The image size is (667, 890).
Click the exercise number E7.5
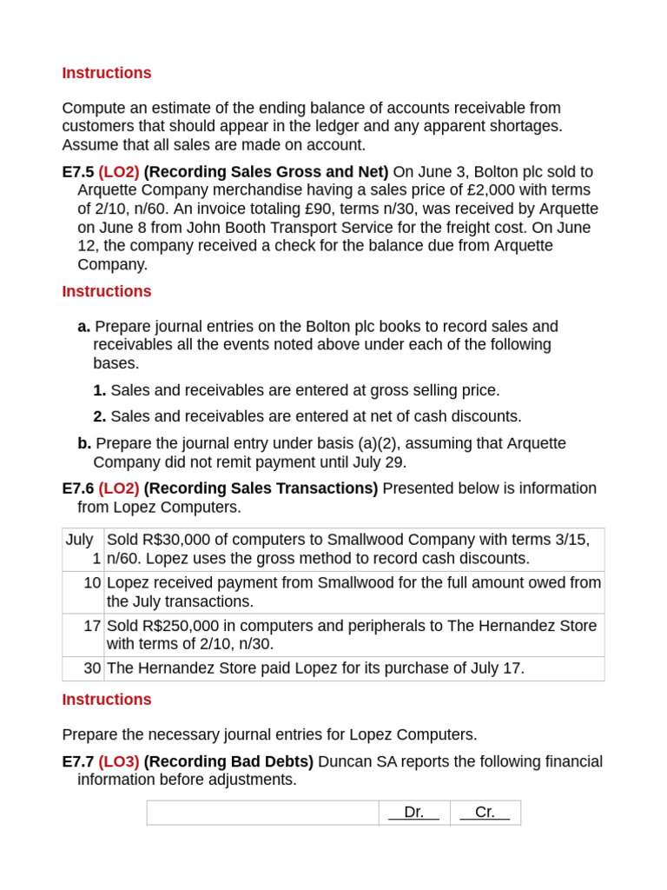click(x=78, y=172)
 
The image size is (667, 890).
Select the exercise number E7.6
click(x=78, y=488)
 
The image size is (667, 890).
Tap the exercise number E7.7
click(x=78, y=761)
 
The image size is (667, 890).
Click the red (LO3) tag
click(x=119, y=761)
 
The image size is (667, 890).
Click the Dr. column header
click(x=414, y=812)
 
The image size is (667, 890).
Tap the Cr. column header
click(x=485, y=812)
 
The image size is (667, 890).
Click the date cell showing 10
click(x=92, y=583)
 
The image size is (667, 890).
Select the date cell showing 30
click(x=92, y=668)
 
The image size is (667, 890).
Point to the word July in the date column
click(x=79, y=540)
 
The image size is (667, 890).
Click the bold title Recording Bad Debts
click(x=228, y=761)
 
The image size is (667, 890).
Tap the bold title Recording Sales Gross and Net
click(x=266, y=172)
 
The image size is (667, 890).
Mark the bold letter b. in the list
click(x=84, y=443)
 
